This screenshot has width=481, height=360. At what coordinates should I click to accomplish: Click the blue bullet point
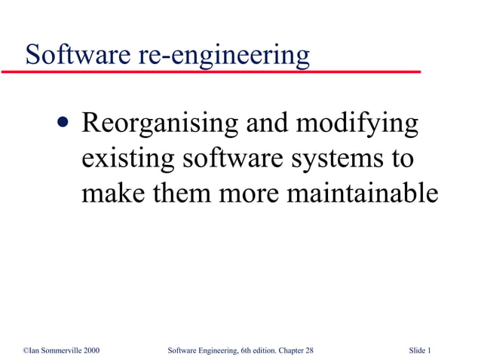pos(63,124)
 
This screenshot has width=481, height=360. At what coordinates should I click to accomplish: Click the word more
pos(249,194)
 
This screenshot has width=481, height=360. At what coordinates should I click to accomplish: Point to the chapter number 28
pos(309,351)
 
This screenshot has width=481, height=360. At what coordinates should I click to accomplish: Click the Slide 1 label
pos(420,351)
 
